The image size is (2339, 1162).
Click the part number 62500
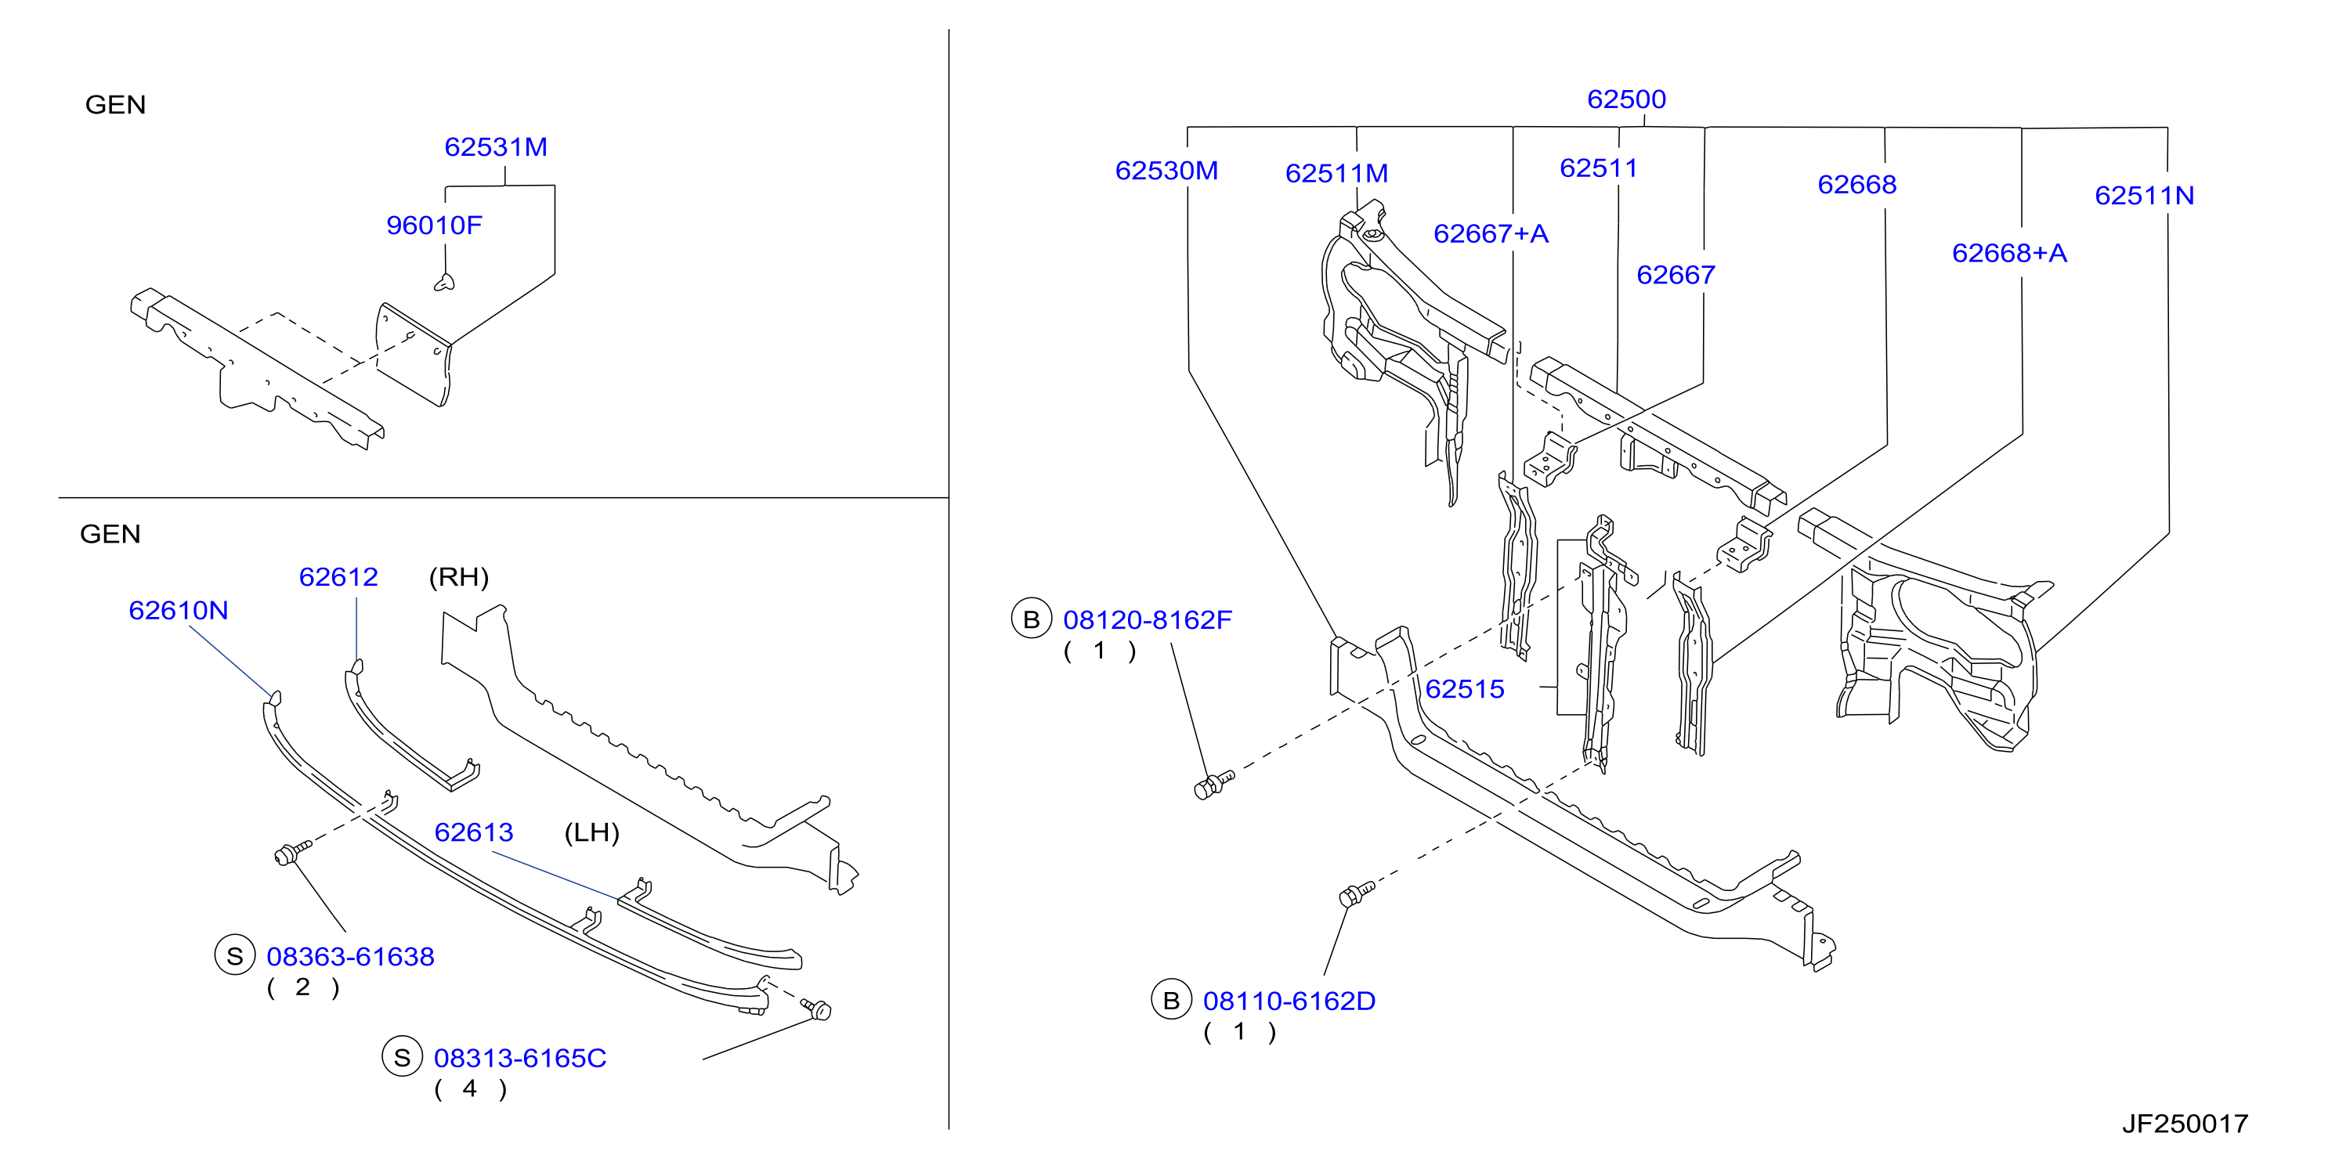coord(1626,99)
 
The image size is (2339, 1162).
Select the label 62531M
coord(496,147)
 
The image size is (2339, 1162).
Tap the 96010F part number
coord(434,226)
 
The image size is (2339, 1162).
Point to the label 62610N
coord(178,610)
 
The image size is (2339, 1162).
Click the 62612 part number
coord(338,576)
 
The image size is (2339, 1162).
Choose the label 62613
coord(473,832)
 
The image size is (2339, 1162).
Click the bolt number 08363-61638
coord(350,957)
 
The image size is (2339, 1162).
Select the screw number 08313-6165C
coord(519,1059)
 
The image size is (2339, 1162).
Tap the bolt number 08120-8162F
coord(1148,620)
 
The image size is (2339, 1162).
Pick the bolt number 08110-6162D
coord(1289,1001)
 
